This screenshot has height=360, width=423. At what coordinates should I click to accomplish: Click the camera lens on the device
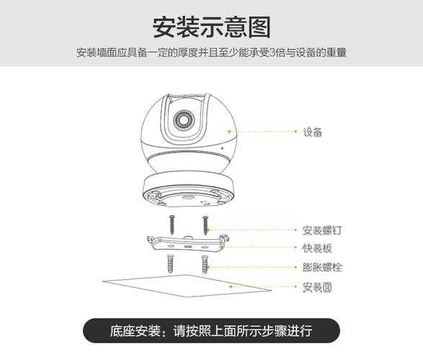pos(184,120)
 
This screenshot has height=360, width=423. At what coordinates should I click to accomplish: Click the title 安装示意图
pos(211,27)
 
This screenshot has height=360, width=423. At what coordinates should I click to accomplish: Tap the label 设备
pos(312,132)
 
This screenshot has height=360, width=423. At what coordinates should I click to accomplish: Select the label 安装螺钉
pos(322,230)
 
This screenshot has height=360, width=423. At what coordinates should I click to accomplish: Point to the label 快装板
pos(317,248)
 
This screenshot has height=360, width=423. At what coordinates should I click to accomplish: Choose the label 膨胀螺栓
pos(322,267)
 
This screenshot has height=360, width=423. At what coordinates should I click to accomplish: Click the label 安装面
pos(317,287)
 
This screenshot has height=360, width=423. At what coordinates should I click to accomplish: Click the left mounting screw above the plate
pos(171,225)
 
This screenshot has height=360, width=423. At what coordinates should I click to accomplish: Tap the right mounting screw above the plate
pos(206,225)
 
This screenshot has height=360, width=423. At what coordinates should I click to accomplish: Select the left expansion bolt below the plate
pos(170,264)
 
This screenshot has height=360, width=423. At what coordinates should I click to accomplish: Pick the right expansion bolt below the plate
pos(205,264)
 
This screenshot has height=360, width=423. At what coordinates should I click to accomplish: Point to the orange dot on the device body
pos(229,132)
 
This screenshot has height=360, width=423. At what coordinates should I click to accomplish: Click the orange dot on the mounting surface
pos(230,287)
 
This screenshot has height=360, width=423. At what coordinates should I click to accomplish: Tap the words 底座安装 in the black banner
pos(135,330)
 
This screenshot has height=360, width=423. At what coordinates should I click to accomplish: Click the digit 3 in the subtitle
pos(273,53)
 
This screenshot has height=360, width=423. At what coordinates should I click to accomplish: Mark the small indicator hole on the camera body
pos(222,148)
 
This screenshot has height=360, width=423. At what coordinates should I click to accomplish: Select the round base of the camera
pos(188,192)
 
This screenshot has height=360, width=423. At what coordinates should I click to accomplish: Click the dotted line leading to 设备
pos(263,132)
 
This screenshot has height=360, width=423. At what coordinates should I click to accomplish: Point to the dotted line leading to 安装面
pos(263,287)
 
